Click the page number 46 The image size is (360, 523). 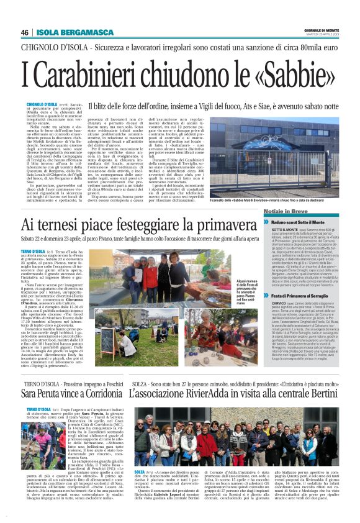point(25,32)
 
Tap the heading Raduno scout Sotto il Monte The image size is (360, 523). point(308,221)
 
